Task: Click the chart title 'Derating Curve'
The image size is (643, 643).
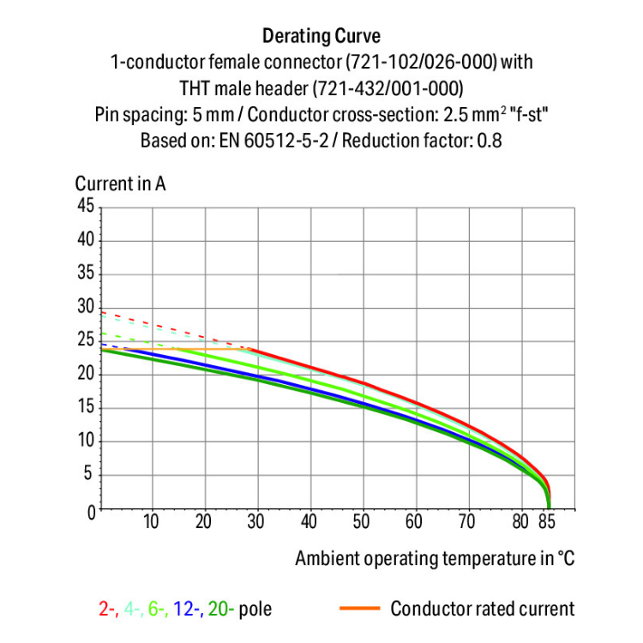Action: [x=321, y=36]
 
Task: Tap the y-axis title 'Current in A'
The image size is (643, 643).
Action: [x=120, y=183]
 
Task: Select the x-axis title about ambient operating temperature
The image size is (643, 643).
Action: [x=435, y=558]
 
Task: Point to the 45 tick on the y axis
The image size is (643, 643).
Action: [x=85, y=206]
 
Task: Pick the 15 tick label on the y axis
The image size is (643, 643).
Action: [x=85, y=408]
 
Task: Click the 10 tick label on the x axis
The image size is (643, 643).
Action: [x=152, y=522]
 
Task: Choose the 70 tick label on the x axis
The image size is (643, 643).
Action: [x=468, y=522]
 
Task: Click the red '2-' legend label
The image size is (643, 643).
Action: [x=107, y=610]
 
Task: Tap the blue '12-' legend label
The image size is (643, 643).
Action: [x=184, y=610]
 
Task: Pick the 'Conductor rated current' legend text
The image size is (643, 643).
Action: [x=483, y=610]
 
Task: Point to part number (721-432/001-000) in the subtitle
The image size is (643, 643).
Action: [x=386, y=87]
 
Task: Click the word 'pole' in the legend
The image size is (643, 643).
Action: [x=255, y=610]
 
